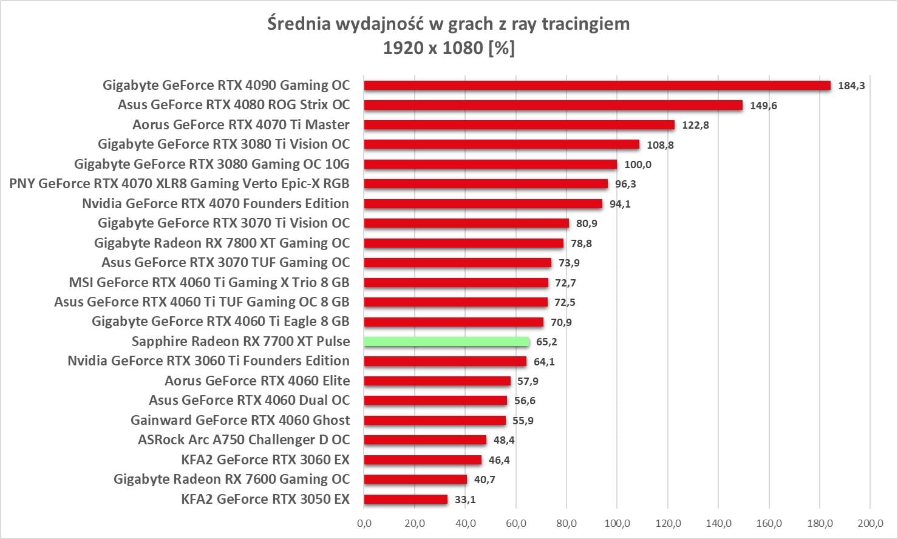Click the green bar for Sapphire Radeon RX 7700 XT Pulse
pos(446,342)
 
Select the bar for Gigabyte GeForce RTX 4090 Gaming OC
pos(597,86)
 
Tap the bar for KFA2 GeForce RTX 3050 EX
pos(406,500)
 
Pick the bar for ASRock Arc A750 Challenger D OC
pos(425,440)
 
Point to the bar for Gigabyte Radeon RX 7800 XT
pos(463,243)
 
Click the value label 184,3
pos(851,86)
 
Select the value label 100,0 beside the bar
pos(638,164)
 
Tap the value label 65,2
pos(546,342)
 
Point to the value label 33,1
pos(465,500)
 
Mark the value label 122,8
pos(695,125)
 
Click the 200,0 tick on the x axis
pos(869,523)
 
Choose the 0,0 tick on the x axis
pos(364,523)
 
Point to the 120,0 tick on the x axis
pos(668,523)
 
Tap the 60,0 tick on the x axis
pos(516,523)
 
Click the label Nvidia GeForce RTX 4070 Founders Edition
pos(216,203)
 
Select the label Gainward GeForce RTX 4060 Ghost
pos(240,420)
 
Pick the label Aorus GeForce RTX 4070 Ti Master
pos(241,124)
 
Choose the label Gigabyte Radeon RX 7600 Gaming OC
pos(231,479)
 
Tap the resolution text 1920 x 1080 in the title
pos(432,47)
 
